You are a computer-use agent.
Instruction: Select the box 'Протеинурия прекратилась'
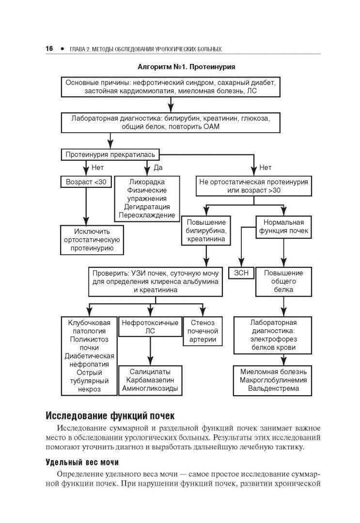(110, 154)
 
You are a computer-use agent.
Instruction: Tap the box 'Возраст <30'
(86, 182)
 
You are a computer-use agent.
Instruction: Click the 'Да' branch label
(157, 168)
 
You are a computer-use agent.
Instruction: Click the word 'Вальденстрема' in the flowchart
(273, 388)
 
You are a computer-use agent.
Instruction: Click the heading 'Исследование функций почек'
(109, 415)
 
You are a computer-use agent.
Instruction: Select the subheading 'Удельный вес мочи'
(82, 461)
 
